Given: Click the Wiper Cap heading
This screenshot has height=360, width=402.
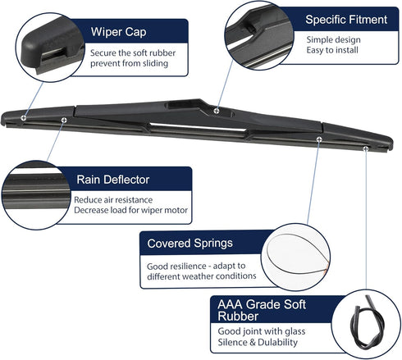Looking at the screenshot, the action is pyautogui.click(x=118, y=32).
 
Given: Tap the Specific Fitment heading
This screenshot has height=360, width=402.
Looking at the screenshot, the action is pyautogui.click(x=346, y=20).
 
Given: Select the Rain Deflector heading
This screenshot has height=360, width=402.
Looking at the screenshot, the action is pyautogui.click(x=113, y=180).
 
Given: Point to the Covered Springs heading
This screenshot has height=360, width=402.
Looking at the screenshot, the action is pyautogui.click(x=190, y=244).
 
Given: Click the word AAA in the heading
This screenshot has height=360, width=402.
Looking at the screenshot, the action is pyautogui.click(x=230, y=304).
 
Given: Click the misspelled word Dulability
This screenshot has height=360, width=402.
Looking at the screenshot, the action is pyautogui.click(x=277, y=342).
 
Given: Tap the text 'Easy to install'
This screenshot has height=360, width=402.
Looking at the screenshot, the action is pyautogui.click(x=332, y=50).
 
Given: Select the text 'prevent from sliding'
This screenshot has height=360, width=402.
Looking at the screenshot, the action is pyautogui.click(x=129, y=63).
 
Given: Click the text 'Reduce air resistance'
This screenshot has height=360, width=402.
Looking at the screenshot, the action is pyautogui.click(x=113, y=200).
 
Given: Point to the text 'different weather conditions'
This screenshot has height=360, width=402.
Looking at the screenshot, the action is pyautogui.click(x=202, y=276).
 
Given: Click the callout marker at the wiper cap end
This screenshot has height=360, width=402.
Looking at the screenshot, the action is pyautogui.click(x=24, y=118).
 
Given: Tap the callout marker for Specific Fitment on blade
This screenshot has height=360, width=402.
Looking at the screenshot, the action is pyautogui.click(x=217, y=111).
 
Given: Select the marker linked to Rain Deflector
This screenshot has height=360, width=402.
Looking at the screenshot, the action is pyautogui.click(x=64, y=120).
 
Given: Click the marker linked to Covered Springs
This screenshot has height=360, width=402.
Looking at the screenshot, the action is pyautogui.click(x=319, y=139).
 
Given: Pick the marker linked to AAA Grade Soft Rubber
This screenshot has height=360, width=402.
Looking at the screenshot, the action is pyautogui.click(x=365, y=148).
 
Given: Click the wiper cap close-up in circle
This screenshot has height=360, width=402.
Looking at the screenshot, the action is pyautogui.click(x=50, y=47).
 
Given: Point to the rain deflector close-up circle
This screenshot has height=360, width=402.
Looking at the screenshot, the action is pyautogui.click(x=36, y=195).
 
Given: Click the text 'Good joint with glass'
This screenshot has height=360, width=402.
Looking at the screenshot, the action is pyautogui.click(x=262, y=331).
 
